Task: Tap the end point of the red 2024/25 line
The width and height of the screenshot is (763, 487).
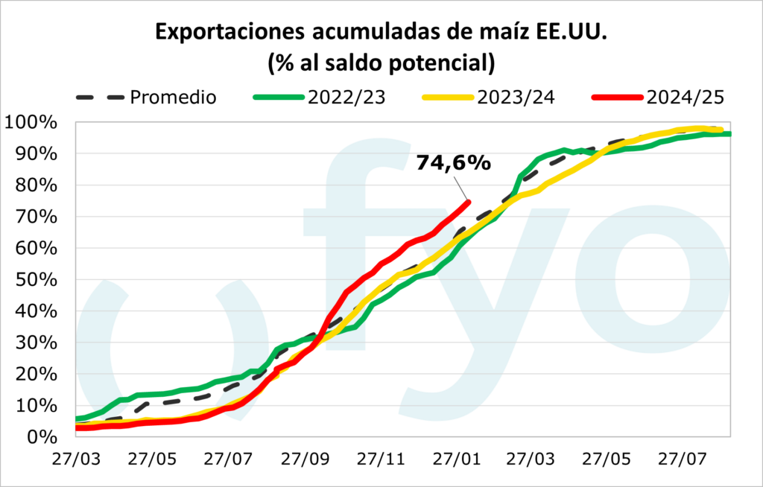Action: point(468,201)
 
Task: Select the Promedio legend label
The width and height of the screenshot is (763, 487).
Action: point(172,97)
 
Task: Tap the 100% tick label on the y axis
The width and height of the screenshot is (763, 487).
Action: point(32,122)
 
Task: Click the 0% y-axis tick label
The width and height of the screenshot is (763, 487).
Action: point(41,436)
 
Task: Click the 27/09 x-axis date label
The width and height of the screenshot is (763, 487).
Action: point(304,456)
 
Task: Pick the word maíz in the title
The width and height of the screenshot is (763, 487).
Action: point(507,34)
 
